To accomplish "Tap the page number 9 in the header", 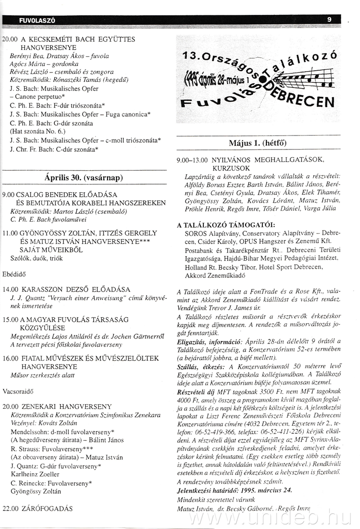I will click(x=329, y=19).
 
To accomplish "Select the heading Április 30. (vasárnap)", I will click(x=85, y=177).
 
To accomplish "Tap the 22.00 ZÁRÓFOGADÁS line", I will click(x=37, y=509).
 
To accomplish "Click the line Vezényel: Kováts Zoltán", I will click(x=43, y=423).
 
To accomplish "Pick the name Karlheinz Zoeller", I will click(x=35, y=474).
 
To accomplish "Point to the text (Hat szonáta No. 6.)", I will click(x=37, y=132).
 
